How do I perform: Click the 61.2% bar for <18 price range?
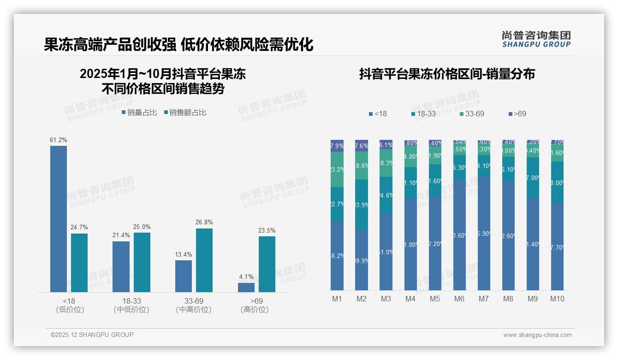click(x=59, y=219)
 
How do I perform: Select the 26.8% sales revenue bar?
click(x=204, y=260)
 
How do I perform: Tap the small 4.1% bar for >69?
click(x=246, y=287)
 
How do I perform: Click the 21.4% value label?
click(x=121, y=235)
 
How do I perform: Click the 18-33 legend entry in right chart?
click(x=423, y=114)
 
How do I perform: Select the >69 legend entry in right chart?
click(x=517, y=114)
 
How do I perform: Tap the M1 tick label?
click(x=337, y=299)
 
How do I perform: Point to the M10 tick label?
click(x=557, y=299)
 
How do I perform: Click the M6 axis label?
click(x=459, y=299)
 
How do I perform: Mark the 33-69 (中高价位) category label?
click(x=194, y=305)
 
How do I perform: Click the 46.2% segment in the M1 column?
click(x=337, y=255)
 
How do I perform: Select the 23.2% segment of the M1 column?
click(x=337, y=169)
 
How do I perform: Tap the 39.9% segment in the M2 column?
click(x=362, y=260)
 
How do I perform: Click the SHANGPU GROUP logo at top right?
click(x=536, y=39)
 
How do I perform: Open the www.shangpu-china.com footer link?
click(x=537, y=335)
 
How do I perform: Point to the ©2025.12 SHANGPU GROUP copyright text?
click(x=92, y=335)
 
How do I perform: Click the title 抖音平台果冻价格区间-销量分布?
click(x=447, y=74)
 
